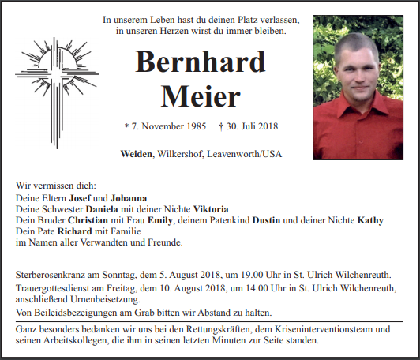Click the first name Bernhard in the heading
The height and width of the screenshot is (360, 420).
coord(200,62)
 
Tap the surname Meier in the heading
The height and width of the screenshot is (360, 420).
coord(200,96)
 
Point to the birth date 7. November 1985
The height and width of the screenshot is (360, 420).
coord(165,126)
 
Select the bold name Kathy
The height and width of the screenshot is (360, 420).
coord(370,220)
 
